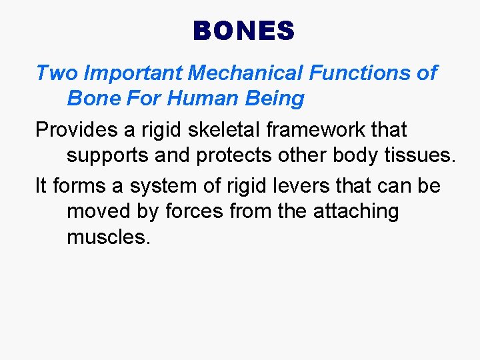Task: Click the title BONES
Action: pyautogui.click(x=243, y=31)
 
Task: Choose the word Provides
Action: pyautogui.click(x=74, y=129)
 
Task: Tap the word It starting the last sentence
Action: pyautogui.click(x=41, y=185)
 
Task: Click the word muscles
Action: pyautogui.click(x=109, y=237)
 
